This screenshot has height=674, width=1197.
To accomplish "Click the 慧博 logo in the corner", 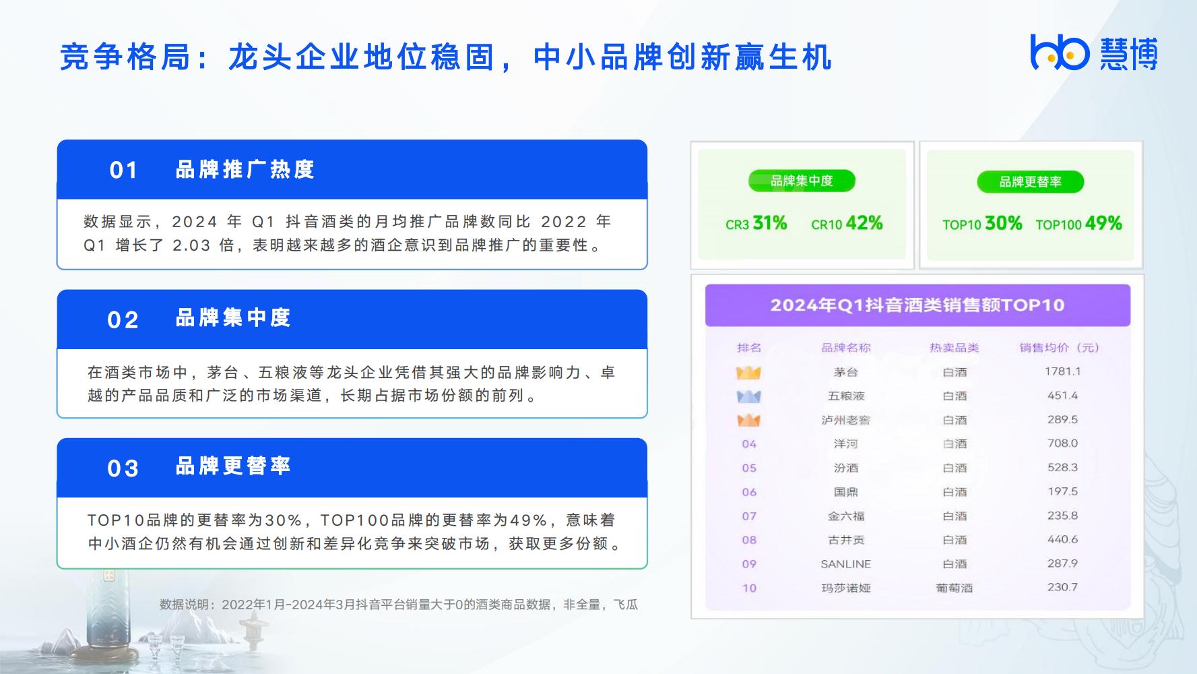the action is click(1094, 53).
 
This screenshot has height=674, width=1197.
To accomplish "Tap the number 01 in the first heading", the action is click(124, 170).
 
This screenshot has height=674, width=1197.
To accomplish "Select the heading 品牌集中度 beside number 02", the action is click(233, 317).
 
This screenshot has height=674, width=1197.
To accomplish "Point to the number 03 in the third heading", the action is click(123, 468).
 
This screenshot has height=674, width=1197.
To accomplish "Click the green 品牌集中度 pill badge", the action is click(802, 181).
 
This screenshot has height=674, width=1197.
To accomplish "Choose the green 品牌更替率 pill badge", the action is click(1031, 182).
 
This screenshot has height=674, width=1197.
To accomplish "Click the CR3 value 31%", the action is click(770, 223).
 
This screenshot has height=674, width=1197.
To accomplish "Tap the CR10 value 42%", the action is click(864, 223).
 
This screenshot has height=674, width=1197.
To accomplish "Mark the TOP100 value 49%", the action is click(1103, 223).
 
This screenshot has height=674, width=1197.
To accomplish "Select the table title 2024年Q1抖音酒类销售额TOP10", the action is click(917, 305).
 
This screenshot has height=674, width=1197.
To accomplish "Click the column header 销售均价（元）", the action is click(1059, 348).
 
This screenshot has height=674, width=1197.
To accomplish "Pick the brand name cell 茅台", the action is click(846, 372).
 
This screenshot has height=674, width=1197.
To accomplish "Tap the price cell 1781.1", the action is click(1063, 371).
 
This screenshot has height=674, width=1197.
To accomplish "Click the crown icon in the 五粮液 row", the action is click(749, 396).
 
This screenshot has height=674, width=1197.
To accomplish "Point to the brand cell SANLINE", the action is click(846, 564).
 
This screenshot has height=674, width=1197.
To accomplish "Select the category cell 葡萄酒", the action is click(955, 588).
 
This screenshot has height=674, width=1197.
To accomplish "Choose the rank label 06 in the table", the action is click(749, 492).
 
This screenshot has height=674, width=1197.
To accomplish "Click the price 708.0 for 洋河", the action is click(1063, 443).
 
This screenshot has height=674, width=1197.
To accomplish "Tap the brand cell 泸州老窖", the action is click(846, 420).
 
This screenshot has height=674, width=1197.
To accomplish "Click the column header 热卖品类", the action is click(955, 348).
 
